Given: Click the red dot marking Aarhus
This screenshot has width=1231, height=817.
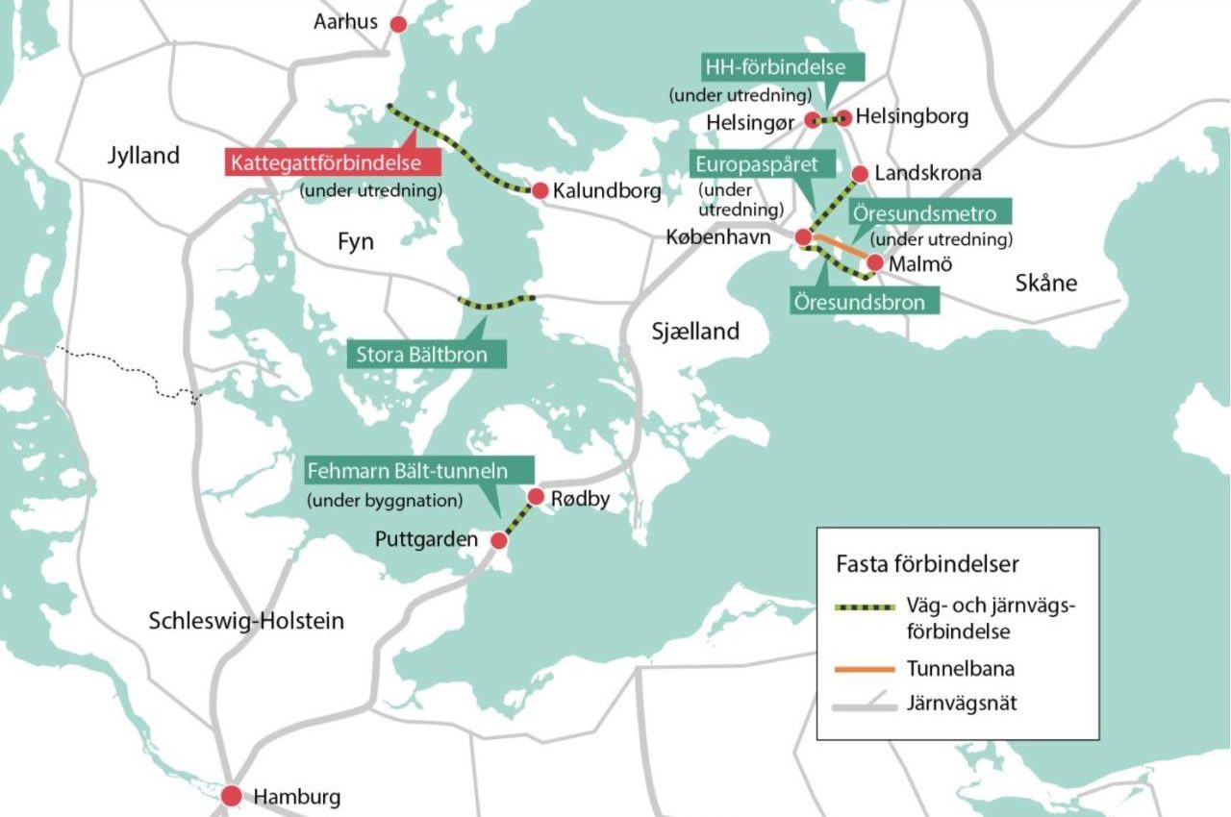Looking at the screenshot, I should coord(396,24).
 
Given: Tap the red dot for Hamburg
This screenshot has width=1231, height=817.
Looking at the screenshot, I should coord(231,796).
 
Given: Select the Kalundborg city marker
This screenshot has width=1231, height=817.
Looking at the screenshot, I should coord(540,190).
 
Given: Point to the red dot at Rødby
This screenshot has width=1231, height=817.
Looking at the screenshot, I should coord(537,497).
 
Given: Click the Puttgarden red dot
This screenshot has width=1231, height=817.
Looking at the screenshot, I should coord(498,541).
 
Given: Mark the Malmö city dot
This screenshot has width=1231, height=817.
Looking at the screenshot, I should coord(875,261).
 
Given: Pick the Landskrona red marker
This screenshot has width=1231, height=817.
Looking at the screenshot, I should coord(859,174).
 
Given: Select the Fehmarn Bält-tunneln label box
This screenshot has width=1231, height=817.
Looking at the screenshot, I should coord(419,471).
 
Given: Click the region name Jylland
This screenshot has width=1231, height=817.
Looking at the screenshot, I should coord(143,156).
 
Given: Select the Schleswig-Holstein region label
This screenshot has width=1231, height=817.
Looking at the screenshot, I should coord(246,621).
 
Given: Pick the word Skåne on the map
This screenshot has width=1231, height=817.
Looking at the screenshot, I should coord(1046,284).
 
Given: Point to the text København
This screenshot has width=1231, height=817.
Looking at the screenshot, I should coord(718,236).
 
